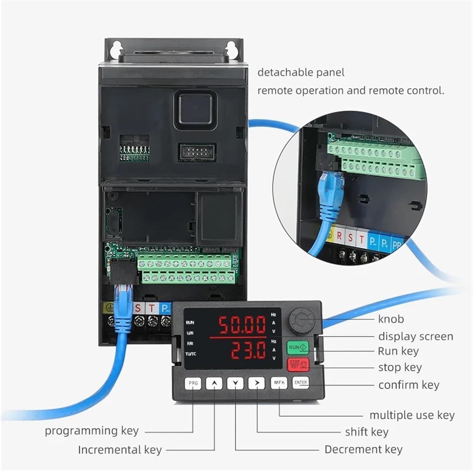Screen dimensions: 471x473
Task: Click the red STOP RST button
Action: [x=298, y=365]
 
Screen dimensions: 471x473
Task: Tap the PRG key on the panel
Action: [x=193, y=383]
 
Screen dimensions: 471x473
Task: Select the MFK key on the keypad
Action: [x=279, y=383]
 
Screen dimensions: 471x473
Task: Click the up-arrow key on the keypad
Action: [x=214, y=383]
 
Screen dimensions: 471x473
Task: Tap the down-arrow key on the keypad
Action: [x=236, y=383]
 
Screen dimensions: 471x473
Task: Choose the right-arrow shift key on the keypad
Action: [x=257, y=383]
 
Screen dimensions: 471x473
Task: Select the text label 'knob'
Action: [x=391, y=319]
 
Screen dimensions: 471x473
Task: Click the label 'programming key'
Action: [x=91, y=431]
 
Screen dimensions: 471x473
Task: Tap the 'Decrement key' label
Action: [x=363, y=449]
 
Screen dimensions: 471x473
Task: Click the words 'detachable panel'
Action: [x=301, y=73]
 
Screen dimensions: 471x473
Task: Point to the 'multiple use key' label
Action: [x=412, y=415]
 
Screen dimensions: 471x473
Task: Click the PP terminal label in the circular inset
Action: [x=397, y=245]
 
